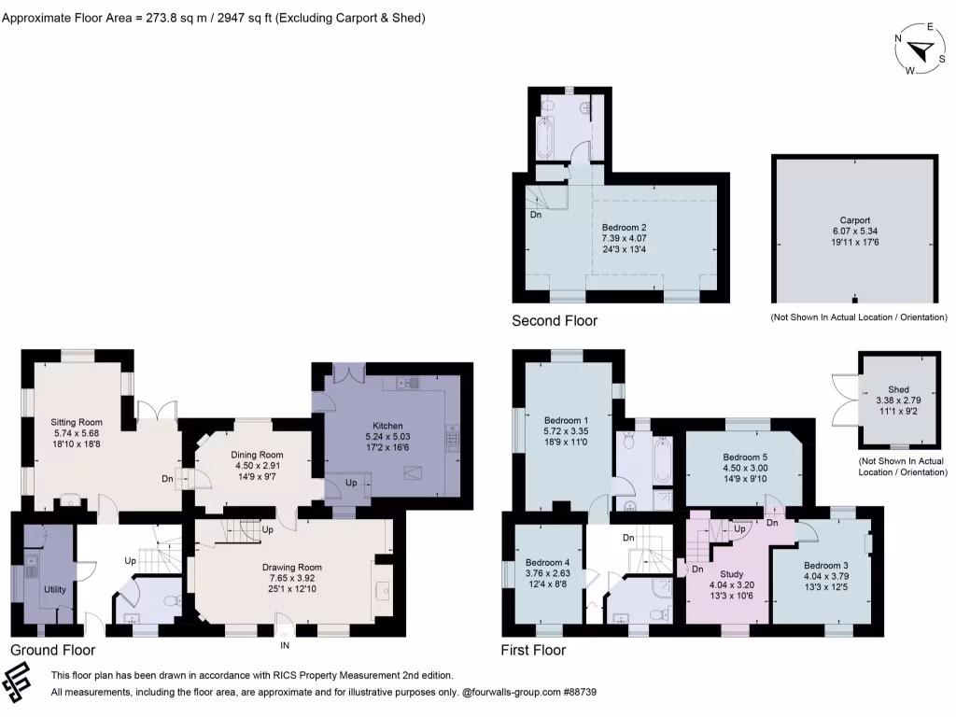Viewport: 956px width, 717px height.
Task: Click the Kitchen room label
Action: click(387, 426)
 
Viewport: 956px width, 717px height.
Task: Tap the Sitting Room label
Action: click(77, 422)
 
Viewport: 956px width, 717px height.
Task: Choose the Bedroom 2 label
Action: click(624, 227)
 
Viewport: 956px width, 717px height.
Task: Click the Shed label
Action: click(898, 389)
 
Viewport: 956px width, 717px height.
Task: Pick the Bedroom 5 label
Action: click(744, 457)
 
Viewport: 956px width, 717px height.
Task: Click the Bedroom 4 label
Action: click(546, 562)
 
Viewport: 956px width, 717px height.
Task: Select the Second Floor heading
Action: click(555, 320)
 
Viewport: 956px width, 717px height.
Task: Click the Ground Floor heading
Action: click(52, 650)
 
